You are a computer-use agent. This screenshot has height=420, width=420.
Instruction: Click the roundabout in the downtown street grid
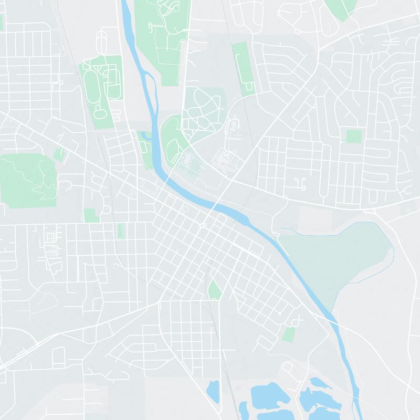(202, 226)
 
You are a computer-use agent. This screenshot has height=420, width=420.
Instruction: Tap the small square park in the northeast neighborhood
(354, 136)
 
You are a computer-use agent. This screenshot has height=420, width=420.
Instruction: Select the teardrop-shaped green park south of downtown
(214, 290)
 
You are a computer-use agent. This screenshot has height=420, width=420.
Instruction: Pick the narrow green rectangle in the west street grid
(120, 230)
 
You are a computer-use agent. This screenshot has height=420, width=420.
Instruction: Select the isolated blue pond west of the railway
(213, 391)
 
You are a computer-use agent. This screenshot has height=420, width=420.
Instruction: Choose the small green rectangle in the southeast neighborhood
(288, 334)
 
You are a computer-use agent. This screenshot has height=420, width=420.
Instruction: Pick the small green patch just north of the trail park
(59, 154)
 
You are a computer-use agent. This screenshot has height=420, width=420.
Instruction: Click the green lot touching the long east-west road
(91, 216)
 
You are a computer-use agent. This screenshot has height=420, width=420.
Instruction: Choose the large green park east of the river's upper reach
(160, 39)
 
